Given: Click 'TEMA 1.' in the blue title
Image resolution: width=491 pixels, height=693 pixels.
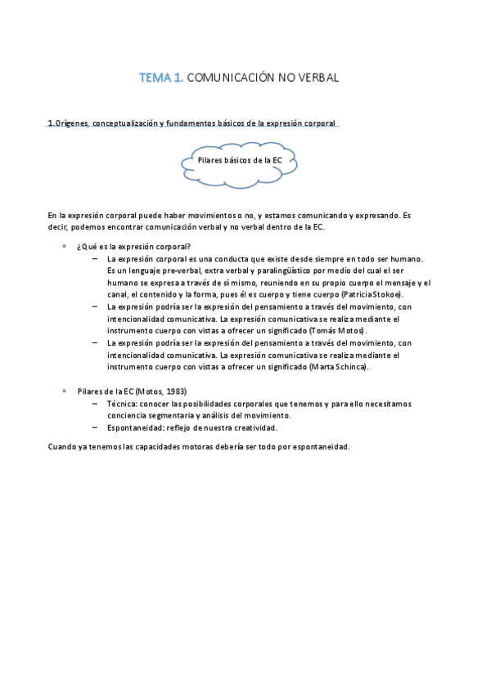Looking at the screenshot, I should pyautogui.click(x=161, y=78).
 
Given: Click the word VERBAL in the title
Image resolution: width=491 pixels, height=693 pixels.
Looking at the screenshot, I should pyautogui.click(x=313, y=78).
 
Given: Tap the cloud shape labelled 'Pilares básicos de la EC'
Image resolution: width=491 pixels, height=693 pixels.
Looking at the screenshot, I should pyautogui.click(x=239, y=160).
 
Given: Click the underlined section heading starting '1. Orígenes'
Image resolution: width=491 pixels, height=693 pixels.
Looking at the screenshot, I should pyautogui.click(x=191, y=123).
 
